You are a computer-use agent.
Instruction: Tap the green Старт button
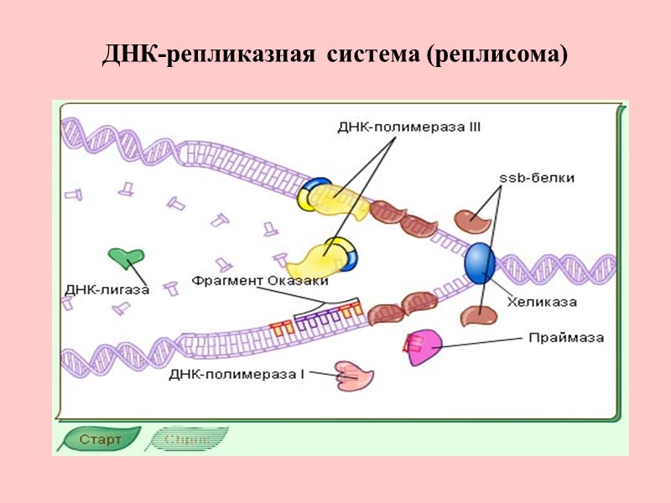98,438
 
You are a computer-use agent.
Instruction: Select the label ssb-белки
537,178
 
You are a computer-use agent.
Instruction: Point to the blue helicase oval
479,262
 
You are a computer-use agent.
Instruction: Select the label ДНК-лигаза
107,290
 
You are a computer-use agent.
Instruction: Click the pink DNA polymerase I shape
354,376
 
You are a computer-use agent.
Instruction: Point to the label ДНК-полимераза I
237,374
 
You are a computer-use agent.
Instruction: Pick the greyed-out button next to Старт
186,438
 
